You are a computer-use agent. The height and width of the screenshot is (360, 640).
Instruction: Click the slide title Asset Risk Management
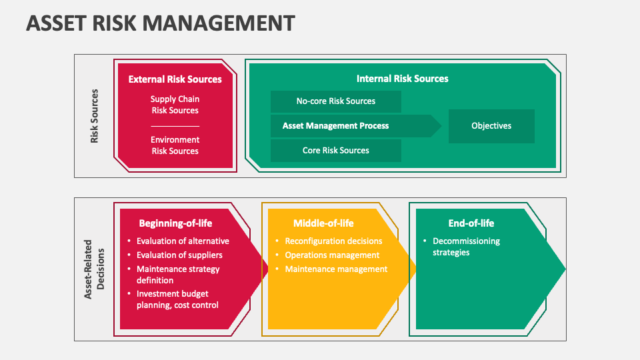pyautogui.click(x=160, y=23)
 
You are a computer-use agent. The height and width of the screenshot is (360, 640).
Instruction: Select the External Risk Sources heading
pyautogui.click(x=175, y=79)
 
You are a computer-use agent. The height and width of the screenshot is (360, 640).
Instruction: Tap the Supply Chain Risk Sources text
pyautogui.click(x=175, y=105)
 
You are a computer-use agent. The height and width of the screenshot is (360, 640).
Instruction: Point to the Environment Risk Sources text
pyautogui.click(x=175, y=145)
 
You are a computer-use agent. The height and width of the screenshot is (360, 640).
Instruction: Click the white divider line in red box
pyautogui.click(x=175, y=126)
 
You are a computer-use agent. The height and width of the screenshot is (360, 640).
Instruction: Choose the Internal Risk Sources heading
pyautogui.click(x=402, y=79)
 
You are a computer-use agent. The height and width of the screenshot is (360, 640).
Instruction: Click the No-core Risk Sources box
pyautogui.click(x=335, y=101)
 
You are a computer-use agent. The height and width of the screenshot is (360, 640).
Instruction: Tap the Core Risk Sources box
pyautogui.click(x=335, y=150)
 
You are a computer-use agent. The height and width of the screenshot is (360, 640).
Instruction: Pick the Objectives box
pyautogui.click(x=491, y=126)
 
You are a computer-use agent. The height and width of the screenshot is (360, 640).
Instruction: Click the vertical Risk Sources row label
pyautogui.click(x=94, y=116)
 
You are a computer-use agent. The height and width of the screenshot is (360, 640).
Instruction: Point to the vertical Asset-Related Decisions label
pyautogui.click(x=95, y=269)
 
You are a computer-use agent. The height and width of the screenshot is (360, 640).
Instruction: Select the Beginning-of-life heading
pyautogui.click(x=175, y=223)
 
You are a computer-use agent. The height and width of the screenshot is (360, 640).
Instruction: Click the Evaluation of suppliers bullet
pyautogui.click(x=179, y=255)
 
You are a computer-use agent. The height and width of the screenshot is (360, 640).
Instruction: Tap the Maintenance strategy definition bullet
pyautogui.click(x=178, y=275)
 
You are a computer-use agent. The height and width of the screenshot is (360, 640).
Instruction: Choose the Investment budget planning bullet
pyautogui.click(x=177, y=299)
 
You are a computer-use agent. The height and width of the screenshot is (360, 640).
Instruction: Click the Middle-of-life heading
pyautogui.click(x=323, y=223)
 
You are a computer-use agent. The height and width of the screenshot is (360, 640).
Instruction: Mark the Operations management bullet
pyautogui.click(x=332, y=255)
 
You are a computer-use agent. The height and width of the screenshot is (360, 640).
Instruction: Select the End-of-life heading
pyautogui.click(x=471, y=223)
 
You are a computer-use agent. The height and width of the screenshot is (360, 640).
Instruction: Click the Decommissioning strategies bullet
pyautogui.click(x=466, y=247)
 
